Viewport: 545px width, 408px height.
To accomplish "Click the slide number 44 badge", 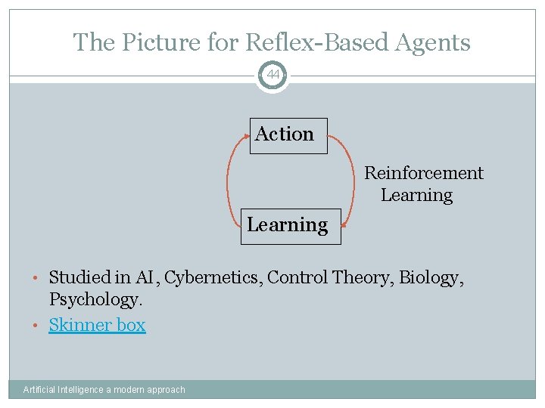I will [x=272, y=75].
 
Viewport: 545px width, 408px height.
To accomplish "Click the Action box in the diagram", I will [x=288, y=135].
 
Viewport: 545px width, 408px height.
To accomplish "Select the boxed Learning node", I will [x=291, y=226].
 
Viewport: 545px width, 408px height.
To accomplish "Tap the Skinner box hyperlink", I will [x=97, y=325].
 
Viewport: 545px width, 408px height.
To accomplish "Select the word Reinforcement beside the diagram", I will [x=424, y=173].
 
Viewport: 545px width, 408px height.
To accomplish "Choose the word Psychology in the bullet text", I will [x=95, y=299].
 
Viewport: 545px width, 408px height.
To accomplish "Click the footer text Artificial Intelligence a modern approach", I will [x=104, y=390].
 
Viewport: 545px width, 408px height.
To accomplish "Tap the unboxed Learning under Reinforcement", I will [x=416, y=195].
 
